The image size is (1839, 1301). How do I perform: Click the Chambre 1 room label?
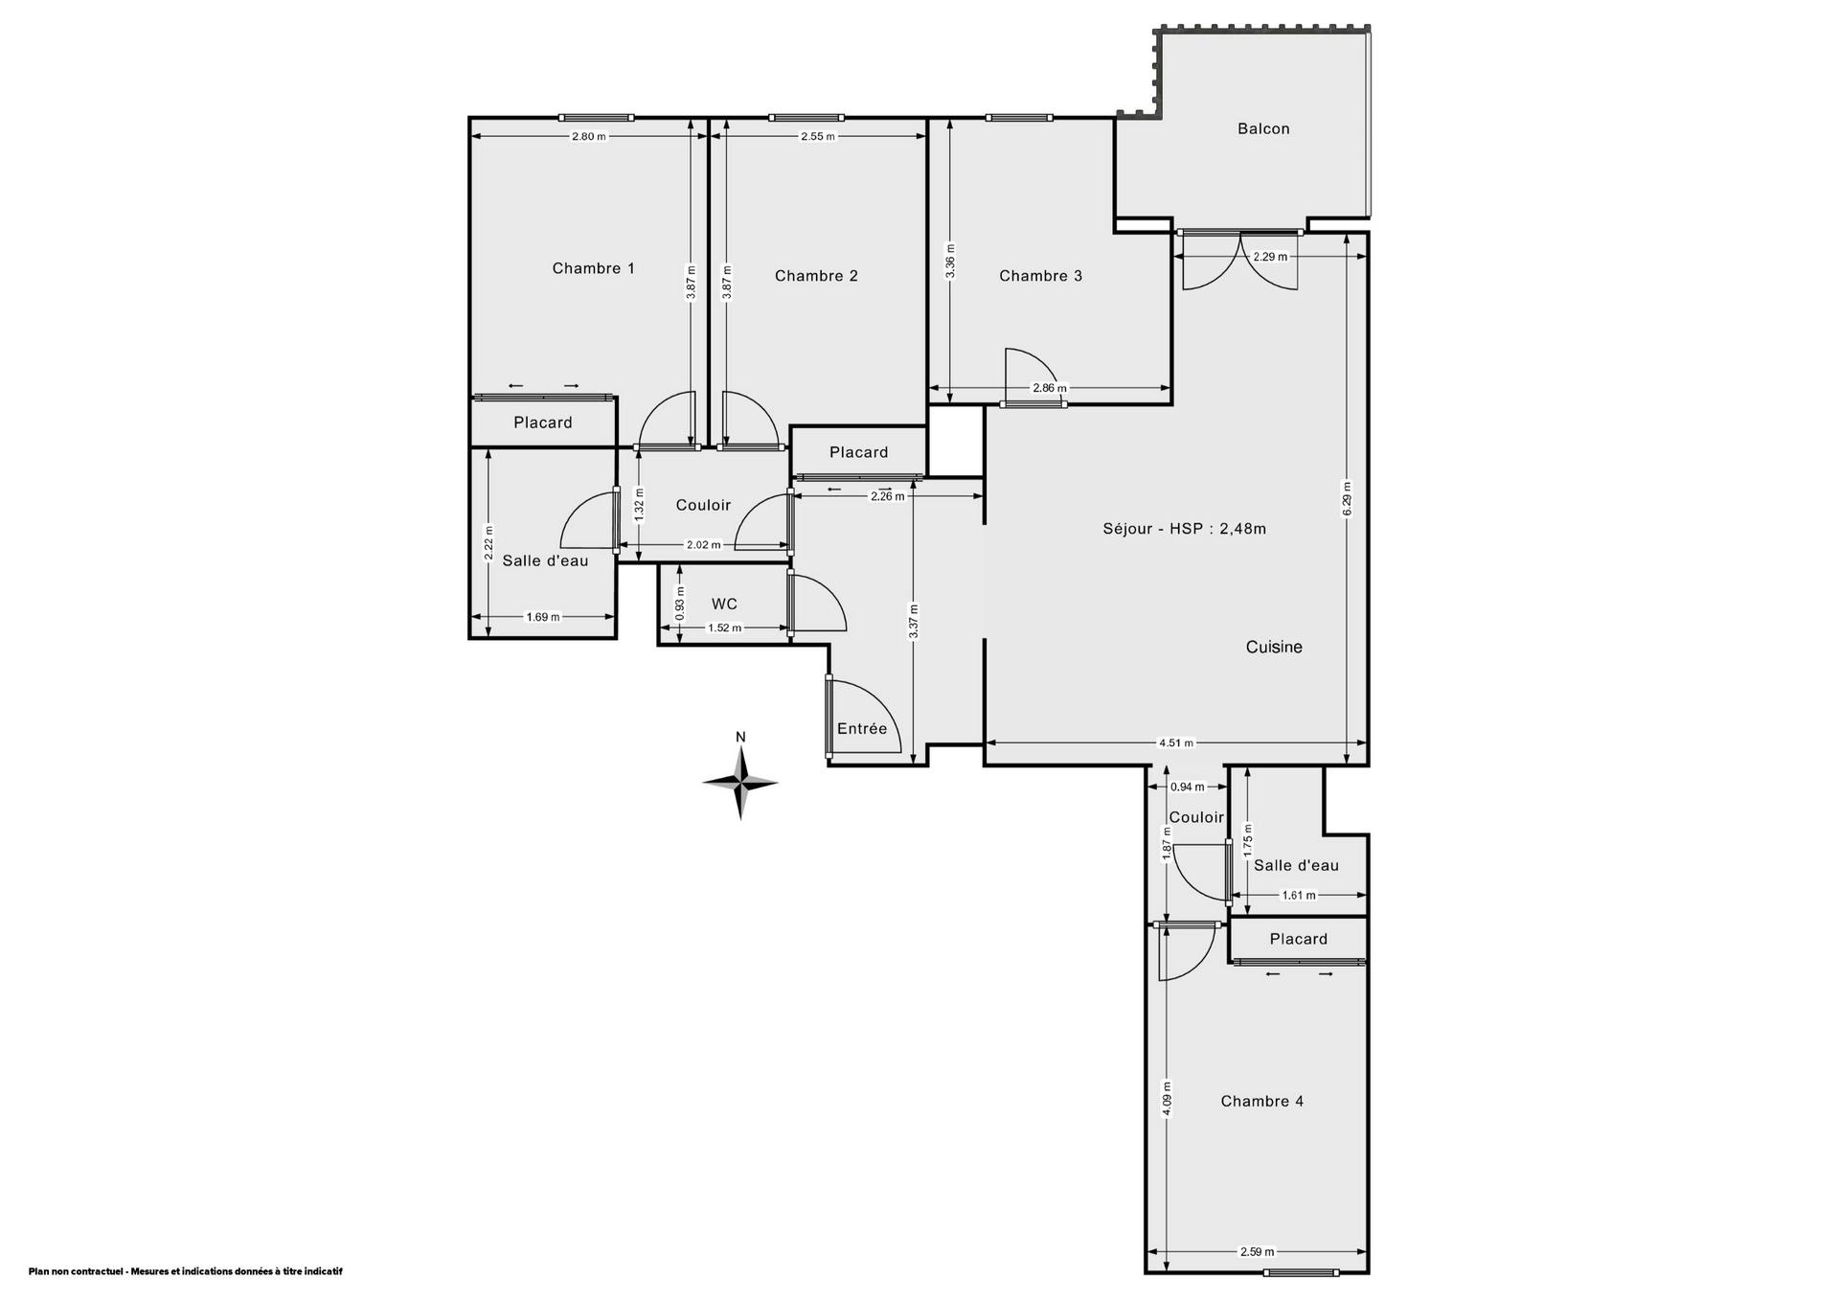tap(593, 268)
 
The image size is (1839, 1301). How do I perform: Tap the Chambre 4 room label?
tap(1261, 1101)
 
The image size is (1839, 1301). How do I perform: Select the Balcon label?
tap(1263, 128)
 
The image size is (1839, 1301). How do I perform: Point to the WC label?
tap(724, 604)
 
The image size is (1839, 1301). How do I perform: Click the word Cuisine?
tap(1274, 647)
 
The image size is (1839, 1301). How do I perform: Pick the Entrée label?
tap(862, 728)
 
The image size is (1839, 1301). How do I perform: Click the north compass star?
tap(740, 783)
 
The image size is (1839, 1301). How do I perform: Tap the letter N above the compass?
tap(740, 737)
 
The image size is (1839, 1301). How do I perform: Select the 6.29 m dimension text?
tap(1347, 498)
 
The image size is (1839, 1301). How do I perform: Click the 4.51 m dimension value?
tap(1176, 742)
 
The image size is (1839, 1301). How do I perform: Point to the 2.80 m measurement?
tap(589, 136)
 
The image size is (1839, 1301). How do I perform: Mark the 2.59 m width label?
tap(1257, 1251)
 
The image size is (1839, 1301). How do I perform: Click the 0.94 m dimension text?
tap(1188, 787)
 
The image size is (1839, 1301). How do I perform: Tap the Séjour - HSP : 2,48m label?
tap(1184, 528)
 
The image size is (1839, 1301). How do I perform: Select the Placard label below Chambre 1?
tap(542, 422)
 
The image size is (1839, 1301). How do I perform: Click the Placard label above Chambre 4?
tap(1298, 939)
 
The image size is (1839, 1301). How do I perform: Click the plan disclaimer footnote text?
tap(185, 1271)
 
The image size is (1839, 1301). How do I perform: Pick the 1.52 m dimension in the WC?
tap(724, 628)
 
